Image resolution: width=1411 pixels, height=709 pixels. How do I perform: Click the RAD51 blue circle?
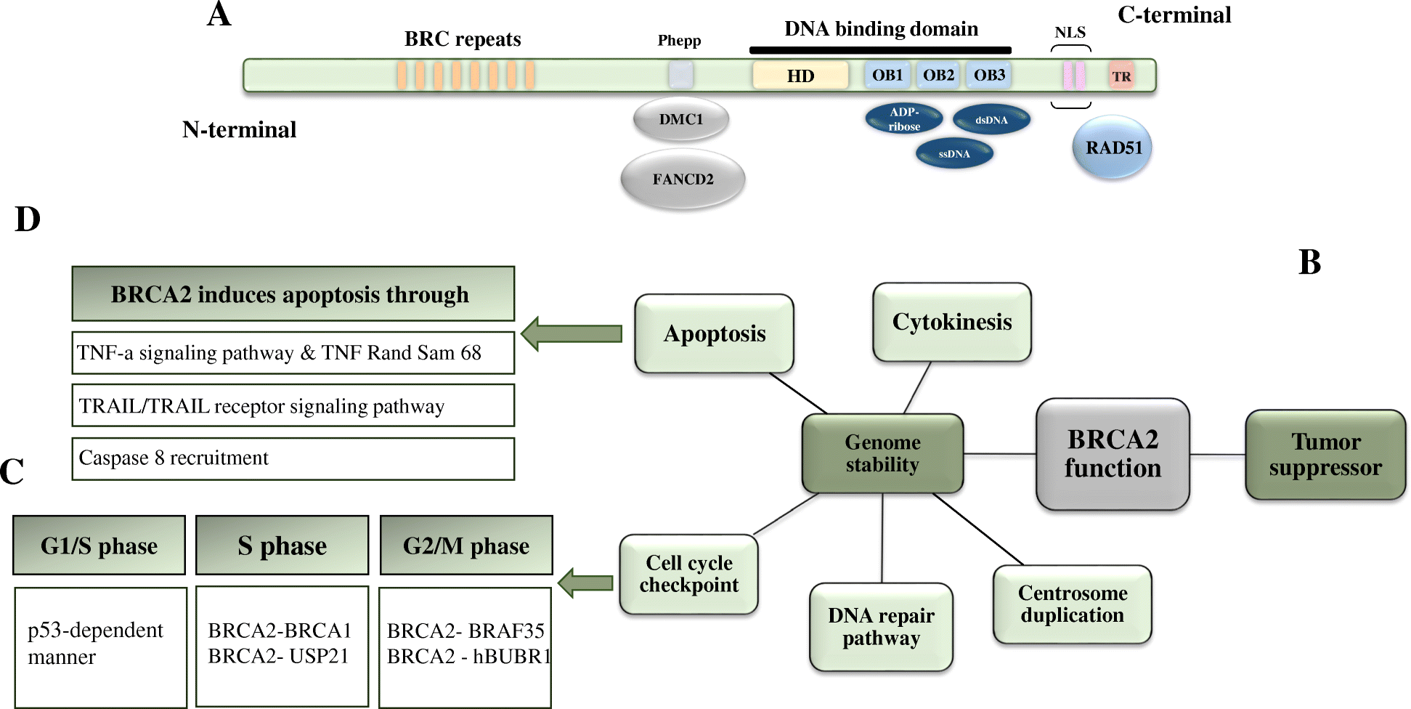(1112, 147)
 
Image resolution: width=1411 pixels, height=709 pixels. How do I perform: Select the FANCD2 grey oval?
(683, 179)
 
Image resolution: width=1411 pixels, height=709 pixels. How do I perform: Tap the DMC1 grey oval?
(680, 119)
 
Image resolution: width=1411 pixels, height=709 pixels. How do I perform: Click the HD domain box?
(800, 76)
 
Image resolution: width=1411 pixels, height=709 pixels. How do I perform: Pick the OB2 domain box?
(938, 75)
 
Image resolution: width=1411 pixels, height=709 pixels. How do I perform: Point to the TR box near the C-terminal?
(1121, 76)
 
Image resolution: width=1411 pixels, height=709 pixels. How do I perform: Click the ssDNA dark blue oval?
(954, 153)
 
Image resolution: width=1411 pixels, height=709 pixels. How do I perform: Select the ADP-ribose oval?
(904, 119)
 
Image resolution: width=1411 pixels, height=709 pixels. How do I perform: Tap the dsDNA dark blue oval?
(991, 120)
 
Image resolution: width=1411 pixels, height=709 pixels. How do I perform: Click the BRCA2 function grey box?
(1113, 454)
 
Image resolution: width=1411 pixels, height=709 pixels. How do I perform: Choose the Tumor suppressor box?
(1325, 455)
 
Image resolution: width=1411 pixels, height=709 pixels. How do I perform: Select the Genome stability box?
(882, 453)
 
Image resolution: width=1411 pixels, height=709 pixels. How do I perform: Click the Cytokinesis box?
(951, 322)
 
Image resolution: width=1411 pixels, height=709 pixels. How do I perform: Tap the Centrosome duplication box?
(1072, 604)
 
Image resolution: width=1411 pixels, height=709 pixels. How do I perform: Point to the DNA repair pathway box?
(881, 626)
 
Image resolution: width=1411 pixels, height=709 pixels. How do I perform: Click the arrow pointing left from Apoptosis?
(572, 333)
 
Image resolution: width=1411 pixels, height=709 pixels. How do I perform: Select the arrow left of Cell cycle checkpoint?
(586, 583)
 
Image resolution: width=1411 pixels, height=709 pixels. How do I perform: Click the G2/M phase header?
(466, 546)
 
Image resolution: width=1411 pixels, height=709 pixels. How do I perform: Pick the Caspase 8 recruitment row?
(293, 458)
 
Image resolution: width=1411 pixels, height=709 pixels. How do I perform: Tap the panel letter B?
(1309, 262)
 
